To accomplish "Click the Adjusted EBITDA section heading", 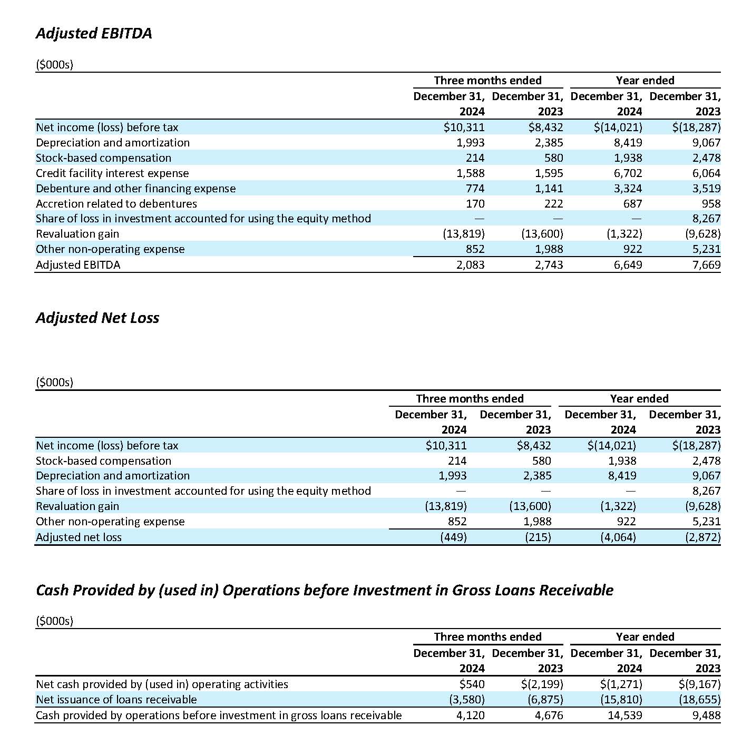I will [94, 33].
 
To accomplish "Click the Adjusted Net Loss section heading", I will [97, 318].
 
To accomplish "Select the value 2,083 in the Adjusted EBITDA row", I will [471, 264].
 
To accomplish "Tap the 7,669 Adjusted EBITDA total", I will [707, 264].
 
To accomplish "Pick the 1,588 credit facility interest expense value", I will [471, 173].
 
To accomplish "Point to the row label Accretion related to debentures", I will [116, 203].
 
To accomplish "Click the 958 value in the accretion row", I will [711, 203].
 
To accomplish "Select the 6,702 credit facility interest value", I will [628, 173].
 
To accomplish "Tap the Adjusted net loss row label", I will [79, 537].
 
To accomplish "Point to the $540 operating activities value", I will [472, 684].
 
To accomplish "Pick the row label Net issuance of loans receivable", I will [116, 699].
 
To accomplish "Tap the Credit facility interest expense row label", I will [112, 173].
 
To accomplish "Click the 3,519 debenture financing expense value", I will [707, 188].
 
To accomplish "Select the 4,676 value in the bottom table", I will [549, 715].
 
